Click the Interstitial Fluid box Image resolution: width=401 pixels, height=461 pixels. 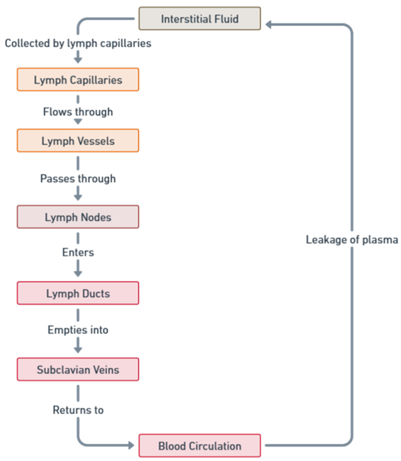click(x=199, y=18)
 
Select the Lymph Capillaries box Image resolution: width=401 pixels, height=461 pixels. click(x=78, y=80)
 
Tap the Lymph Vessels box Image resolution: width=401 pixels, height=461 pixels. click(x=78, y=141)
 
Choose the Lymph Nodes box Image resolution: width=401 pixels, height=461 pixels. click(x=78, y=217)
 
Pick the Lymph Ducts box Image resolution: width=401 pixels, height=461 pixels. click(x=78, y=293)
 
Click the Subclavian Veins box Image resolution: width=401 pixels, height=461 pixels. click(x=78, y=369)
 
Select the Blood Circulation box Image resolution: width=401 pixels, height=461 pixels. click(x=199, y=445)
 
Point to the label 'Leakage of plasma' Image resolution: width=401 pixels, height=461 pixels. click(x=352, y=239)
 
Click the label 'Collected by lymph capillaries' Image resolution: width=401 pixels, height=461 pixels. click(x=78, y=43)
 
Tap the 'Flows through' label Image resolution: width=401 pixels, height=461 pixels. click(x=78, y=112)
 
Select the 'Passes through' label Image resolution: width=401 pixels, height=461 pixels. click(x=78, y=178)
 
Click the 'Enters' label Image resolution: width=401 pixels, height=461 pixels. click(x=78, y=252)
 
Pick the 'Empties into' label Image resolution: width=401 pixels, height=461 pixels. click(x=78, y=330)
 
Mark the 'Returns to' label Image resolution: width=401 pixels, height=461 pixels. click(x=78, y=410)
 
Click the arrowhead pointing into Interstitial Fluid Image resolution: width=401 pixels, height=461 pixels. click(x=268, y=24)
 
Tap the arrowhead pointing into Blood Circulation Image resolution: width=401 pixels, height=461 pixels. click(x=131, y=445)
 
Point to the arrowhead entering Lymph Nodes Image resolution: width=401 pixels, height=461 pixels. click(x=78, y=197)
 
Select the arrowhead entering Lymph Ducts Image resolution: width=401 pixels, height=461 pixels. click(x=78, y=273)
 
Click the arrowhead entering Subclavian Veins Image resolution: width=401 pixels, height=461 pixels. click(x=78, y=350)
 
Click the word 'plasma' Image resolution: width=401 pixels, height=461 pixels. click(x=380, y=240)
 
